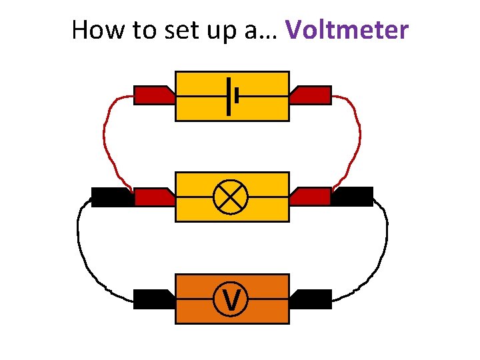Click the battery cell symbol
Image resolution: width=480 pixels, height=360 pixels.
tap(232, 96)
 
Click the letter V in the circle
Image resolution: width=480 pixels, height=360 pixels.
tap(231, 299)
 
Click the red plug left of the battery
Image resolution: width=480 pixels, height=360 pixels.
tap(153, 96)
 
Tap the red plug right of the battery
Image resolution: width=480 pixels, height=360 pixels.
tap(311, 96)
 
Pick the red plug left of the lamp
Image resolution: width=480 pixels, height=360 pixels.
tap(153, 197)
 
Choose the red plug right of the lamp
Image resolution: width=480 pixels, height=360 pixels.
tap(311, 197)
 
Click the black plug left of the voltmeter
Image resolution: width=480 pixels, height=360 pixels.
tap(153, 299)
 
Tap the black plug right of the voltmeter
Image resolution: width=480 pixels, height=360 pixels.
tap(311, 299)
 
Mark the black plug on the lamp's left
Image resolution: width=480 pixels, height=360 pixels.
tap(111, 197)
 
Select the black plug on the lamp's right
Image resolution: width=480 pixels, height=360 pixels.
tap(352, 197)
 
